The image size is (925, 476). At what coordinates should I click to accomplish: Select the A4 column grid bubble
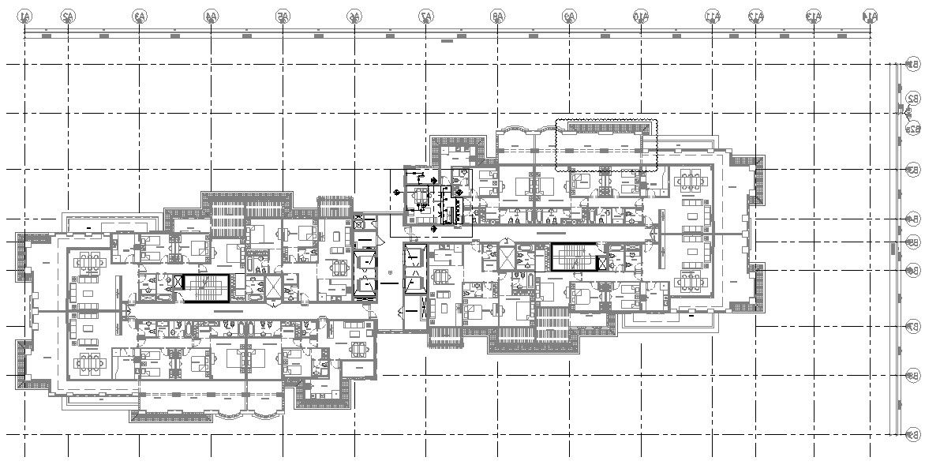[211, 15]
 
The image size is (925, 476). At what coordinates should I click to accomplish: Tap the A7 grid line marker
[426, 15]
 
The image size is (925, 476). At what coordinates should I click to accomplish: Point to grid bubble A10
[641, 15]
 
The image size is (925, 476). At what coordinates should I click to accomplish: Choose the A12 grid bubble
[756, 15]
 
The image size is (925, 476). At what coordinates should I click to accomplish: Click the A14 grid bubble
[870, 15]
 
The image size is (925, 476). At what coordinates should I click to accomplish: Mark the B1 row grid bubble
[913, 64]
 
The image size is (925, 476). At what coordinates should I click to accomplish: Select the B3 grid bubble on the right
[913, 169]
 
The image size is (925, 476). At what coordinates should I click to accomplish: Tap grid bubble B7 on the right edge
[913, 325]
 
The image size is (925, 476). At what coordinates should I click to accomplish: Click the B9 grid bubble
[913, 434]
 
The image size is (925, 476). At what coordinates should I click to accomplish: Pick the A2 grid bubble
[68, 15]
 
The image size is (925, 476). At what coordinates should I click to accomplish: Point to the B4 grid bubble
[913, 219]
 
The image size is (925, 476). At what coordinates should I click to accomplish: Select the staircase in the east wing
[574, 258]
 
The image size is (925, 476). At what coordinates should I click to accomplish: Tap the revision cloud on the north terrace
[606, 145]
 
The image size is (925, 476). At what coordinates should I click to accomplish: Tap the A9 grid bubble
[569, 15]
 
